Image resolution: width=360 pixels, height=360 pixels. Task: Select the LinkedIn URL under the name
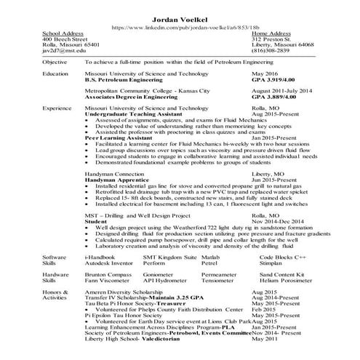pyautogui.click(x=180, y=27)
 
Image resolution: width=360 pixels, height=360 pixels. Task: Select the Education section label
pyautogui.click(x=56, y=74)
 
